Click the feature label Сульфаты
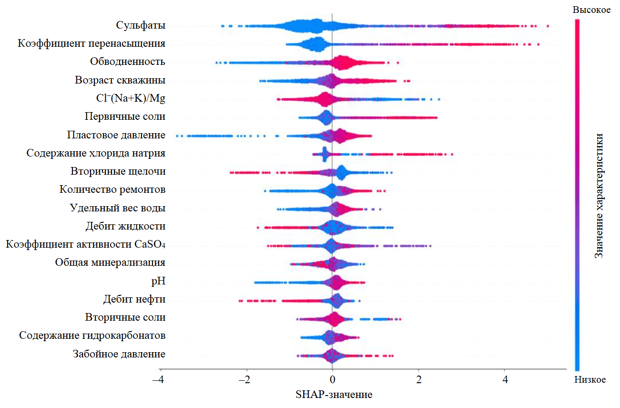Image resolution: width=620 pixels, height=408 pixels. (141, 25)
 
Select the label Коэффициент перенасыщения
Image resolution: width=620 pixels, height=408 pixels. (92, 44)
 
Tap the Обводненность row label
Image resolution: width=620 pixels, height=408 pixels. (128, 62)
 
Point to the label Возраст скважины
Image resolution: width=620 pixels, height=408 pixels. (120, 80)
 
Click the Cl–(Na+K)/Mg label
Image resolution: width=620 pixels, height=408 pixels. (131, 98)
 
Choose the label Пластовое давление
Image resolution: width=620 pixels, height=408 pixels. (116, 135)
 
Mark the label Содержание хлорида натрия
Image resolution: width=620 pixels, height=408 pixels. (96, 153)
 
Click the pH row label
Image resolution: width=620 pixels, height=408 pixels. (158, 282)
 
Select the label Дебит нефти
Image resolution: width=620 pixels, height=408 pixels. (134, 300)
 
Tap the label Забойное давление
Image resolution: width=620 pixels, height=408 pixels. (119, 354)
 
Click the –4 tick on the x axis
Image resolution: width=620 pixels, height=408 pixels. (161, 380)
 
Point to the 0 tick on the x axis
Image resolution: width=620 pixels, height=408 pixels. (332, 380)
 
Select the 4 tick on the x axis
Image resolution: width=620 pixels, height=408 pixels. (505, 380)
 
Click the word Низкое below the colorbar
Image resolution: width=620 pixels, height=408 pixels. (590, 380)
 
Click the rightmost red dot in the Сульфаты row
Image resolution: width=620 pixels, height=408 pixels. (548, 26)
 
